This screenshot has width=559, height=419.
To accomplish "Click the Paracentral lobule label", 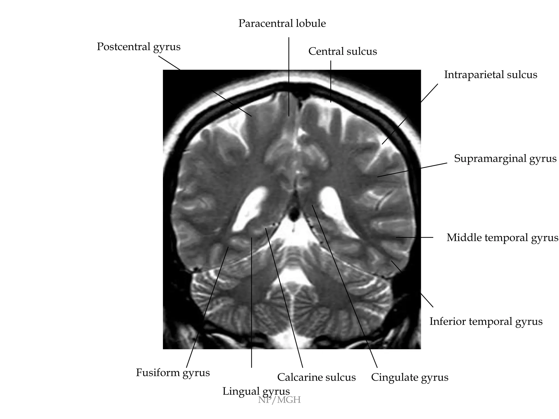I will click(282, 23).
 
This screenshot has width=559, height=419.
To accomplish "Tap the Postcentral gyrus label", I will click(139, 47).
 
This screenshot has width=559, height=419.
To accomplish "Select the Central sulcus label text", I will click(343, 51).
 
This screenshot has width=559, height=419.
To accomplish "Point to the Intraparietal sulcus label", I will click(490, 75).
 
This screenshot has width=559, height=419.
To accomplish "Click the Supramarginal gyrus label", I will click(505, 158).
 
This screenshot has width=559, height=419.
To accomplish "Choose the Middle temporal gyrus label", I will click(502, 238).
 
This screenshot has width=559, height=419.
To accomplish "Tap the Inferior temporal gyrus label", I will click(486, 321).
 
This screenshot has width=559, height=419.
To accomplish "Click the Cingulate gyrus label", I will click(409, 378).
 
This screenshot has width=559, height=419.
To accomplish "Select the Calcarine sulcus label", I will click(316, 378).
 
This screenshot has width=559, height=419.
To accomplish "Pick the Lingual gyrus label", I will click(256, 391).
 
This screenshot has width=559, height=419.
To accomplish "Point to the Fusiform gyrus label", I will click(173, 373).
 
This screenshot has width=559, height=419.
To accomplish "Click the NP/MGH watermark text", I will click(279, 400).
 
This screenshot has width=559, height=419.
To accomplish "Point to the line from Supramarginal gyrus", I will click(412, 170).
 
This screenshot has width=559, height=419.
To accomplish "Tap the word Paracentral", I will click(262, 23).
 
